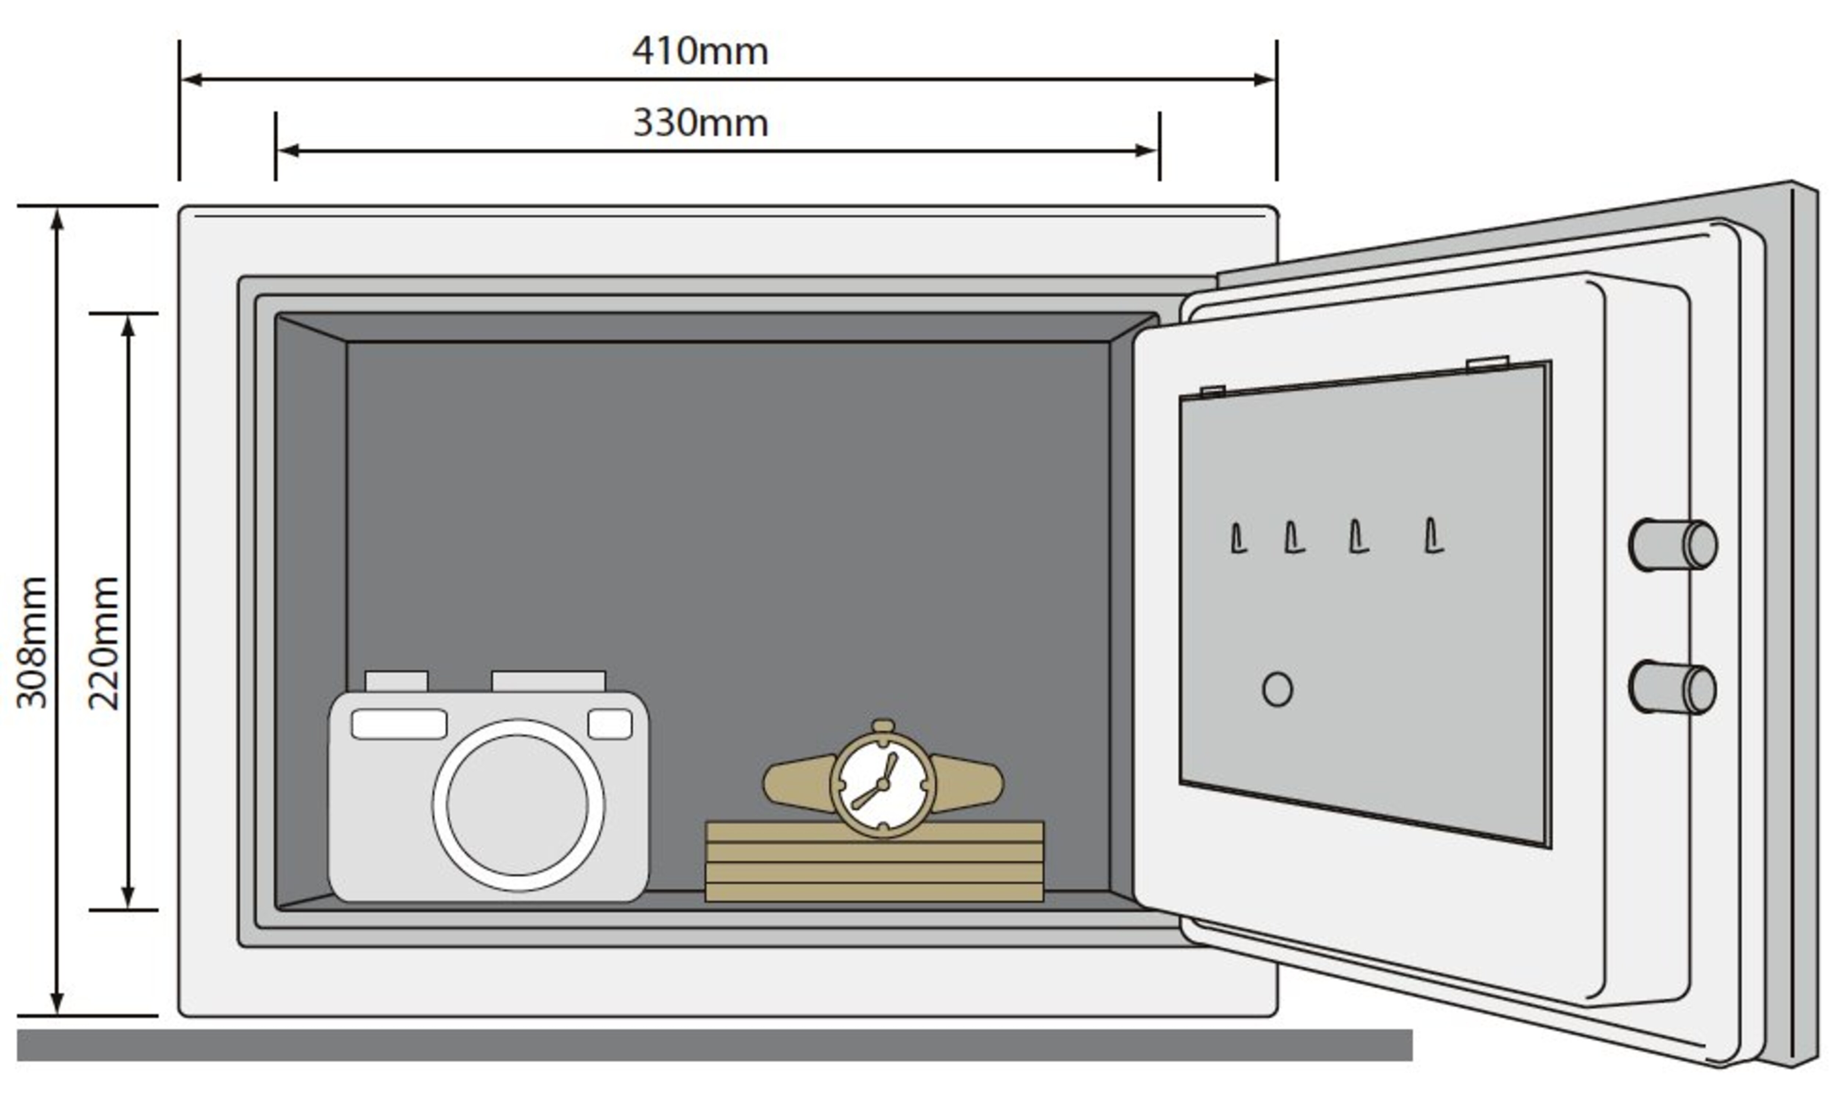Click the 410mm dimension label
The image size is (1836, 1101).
(700, 51)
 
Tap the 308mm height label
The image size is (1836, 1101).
(32, 642)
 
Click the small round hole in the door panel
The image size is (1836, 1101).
(1277, 689)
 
